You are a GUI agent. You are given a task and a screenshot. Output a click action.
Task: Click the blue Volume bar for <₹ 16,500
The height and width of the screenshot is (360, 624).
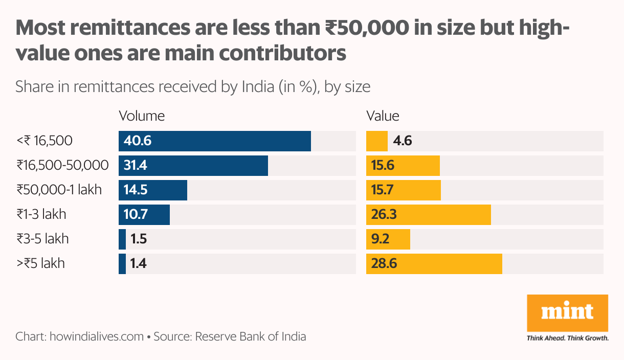(215, 141)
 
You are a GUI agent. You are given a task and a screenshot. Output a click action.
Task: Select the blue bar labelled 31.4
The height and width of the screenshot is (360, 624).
(193, 166)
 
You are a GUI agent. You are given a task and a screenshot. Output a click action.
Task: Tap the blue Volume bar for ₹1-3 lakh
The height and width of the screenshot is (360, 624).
(144, 215)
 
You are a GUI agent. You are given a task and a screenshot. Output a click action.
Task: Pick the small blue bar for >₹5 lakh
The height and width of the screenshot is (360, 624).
(122, 264)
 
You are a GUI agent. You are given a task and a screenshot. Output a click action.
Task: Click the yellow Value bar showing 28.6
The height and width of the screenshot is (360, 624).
(434, 264)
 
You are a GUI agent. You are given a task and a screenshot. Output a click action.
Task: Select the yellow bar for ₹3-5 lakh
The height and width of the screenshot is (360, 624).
(388, 239)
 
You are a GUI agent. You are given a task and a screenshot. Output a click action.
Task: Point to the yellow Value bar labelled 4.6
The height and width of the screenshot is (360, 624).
(377, 141)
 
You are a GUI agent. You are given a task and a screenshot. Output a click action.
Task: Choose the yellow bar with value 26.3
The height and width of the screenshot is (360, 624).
(429, 215)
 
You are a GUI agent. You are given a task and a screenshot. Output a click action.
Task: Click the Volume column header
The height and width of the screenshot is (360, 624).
(142, 116)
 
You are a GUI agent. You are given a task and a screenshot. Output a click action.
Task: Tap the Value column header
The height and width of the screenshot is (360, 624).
(383, 116)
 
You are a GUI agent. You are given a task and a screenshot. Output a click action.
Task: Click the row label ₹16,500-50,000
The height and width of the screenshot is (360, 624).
(62, 165)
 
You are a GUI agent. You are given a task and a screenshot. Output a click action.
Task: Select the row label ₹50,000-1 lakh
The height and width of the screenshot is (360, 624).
(59, 190)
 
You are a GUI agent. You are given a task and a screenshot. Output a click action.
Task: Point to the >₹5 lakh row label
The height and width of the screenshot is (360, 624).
(40, 264)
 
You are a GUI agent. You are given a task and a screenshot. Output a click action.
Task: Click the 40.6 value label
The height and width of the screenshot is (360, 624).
(138, 141)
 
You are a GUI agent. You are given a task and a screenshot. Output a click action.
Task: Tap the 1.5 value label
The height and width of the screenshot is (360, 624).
(139, 239)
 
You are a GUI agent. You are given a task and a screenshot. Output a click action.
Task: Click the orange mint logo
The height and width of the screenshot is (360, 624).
(567, 312)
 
